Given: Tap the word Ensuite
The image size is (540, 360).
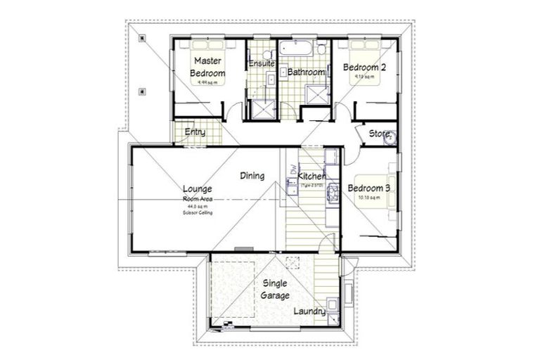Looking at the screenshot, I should tap(261, 64).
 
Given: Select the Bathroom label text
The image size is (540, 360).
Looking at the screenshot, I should tap(305, 72).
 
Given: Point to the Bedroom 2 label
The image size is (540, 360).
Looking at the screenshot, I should tap(364, 67).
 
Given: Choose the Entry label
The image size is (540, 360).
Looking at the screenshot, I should tap(195, 132).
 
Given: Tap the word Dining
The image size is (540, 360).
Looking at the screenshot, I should tap(252, 176).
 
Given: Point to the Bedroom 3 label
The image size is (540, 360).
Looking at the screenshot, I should tap(368, 188).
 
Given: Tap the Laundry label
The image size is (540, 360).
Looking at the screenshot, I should tap(309, 310).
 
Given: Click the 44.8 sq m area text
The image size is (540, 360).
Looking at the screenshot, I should tap(198, 205).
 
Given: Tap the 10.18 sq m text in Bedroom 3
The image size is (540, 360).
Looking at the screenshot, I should tap(368, 198).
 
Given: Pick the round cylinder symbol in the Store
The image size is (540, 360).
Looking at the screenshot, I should tap(389, 139).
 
